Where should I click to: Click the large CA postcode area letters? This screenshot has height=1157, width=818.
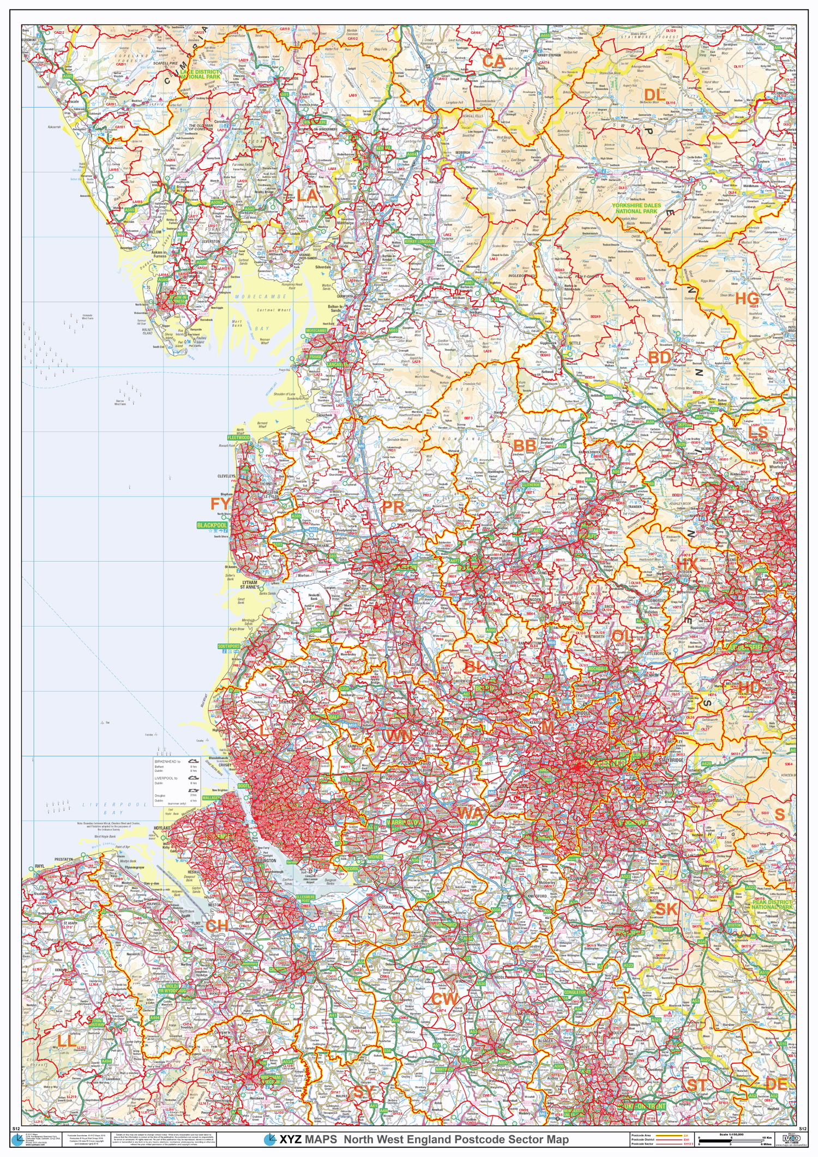tap(494, 61)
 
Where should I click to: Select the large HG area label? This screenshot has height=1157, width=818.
tap(747, 299)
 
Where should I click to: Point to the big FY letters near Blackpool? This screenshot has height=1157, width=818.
tap(220, 503)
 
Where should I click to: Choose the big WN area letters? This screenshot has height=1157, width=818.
tap(400, 736)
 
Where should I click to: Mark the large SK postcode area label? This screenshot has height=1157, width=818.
tap(666, 909)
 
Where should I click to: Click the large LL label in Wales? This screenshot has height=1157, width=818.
tap(67, 1041)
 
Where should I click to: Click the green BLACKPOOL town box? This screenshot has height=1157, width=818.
tap(212, 525)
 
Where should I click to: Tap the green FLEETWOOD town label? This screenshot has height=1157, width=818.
tap(238, 437)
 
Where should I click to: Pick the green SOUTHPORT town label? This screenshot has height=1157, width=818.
tap(229, 646)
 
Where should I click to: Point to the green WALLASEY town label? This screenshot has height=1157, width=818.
tap(211, 798)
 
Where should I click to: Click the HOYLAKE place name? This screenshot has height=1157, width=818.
tap(162, 828)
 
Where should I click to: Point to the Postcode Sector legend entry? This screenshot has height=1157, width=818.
tap(642, 1143)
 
